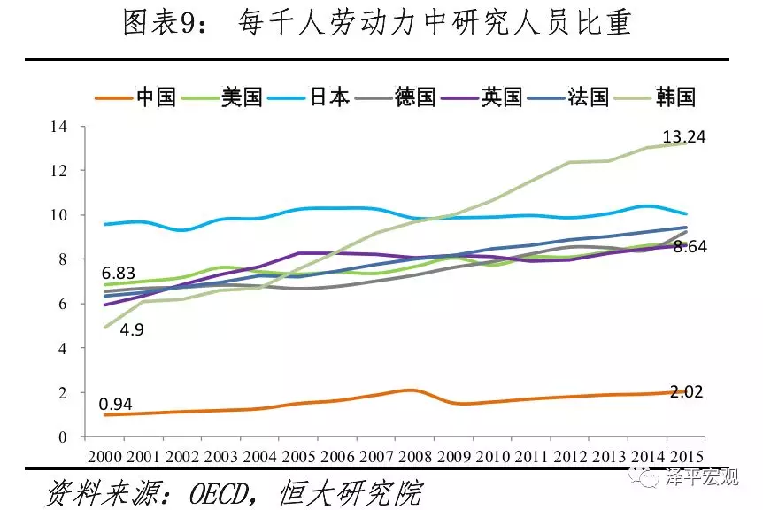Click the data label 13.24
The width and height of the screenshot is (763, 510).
(684, 137)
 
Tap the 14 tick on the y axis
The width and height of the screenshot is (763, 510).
(58, 126)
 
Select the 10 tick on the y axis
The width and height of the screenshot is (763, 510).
(58, 215)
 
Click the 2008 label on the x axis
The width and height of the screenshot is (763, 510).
(416, 456)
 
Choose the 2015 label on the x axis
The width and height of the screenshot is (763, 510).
(689, 456)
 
